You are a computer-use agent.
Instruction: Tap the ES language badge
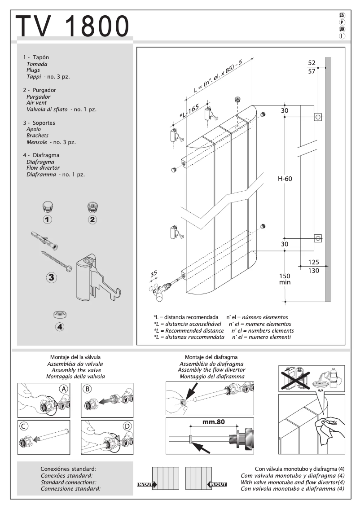(x=342, y=16)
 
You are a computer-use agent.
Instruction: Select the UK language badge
(x=342, y=29)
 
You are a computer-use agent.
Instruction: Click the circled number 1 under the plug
(x=48, y=219)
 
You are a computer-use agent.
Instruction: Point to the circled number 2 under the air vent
(x=92, y=219)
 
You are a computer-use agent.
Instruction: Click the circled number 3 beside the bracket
(x=52, y=277)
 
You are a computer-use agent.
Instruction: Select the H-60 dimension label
(x=285, y=179)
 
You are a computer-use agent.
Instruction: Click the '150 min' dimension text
(x=285, y=279)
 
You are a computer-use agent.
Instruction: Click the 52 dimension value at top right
(x=312, y=62)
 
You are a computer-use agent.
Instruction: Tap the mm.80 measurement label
(x=213, y=422)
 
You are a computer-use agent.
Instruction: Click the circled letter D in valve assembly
(x=127, y=426)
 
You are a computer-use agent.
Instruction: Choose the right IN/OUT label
(x=218, y=484)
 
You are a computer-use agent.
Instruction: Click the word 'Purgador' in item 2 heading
(x=44, y=90)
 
